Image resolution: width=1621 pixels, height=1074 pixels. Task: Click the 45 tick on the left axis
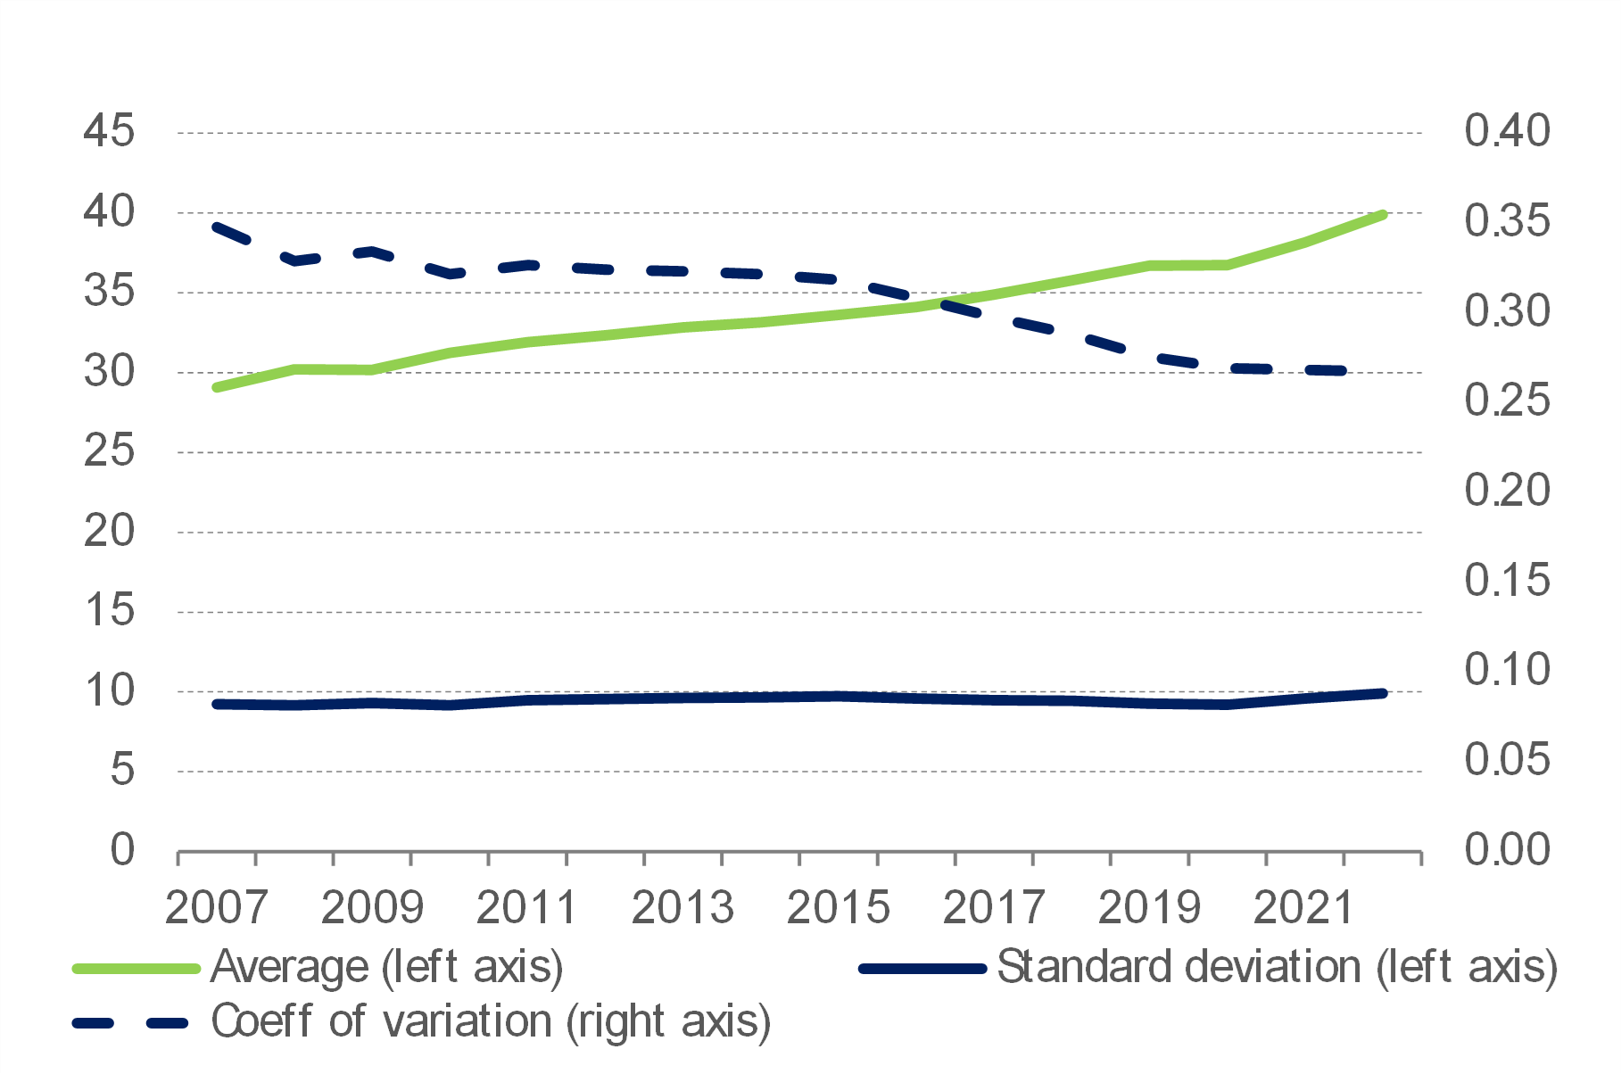click(x=109, y=131)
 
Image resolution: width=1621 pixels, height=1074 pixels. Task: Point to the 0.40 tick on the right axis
click(x=1507, y=131)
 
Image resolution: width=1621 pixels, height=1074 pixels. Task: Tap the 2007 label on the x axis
click(x=216, y=908)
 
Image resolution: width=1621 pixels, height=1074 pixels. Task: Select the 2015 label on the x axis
click(x=838, y=908)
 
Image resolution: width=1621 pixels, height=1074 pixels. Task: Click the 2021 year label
click(x=1304, y=908)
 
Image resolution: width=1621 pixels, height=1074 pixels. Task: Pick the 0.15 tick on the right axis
click(x=1507, y=580)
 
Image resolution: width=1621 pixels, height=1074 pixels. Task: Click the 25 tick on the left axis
click(x=109, y=450)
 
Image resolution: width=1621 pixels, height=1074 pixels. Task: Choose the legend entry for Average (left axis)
click(x=386, y=967)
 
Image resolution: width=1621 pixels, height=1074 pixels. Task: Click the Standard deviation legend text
click(x=1277, y=967)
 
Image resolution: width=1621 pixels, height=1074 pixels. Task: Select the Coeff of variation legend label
click(x=491, y=1021)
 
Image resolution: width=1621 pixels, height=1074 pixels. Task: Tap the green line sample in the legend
click(x=136, y=969)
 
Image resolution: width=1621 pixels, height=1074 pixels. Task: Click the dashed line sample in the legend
click(x=130, y=1023)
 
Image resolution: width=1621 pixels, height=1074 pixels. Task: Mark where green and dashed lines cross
click(x=937, y=303)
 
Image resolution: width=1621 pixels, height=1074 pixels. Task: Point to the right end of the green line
click(x=1382, y=215)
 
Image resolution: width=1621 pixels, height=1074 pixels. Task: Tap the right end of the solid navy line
click(x=1382, y=693)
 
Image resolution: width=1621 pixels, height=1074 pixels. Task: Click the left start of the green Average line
click(x=217, y=387)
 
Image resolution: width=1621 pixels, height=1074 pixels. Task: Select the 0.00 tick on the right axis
click(x=1507, y=849)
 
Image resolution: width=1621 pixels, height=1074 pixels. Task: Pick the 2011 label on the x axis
click(x=526, y=908)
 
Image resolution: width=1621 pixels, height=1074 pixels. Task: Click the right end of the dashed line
click(x=1343, y=370)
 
